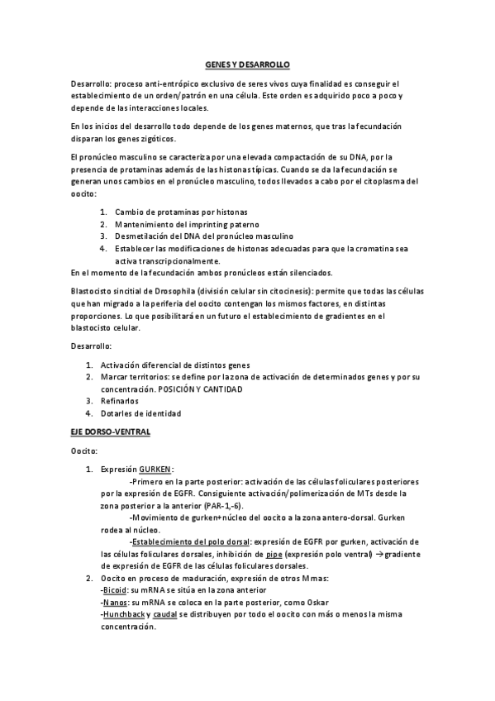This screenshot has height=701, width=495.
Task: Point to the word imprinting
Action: coord(209,225)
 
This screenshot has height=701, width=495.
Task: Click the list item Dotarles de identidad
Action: coord(140,413)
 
